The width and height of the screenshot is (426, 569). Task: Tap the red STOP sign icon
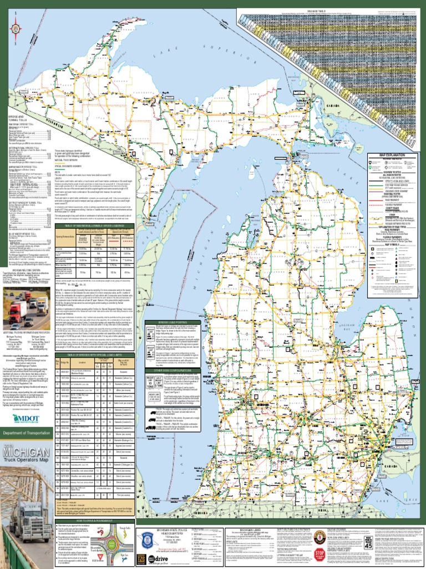pyautogui.click(x=320, y=556)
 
